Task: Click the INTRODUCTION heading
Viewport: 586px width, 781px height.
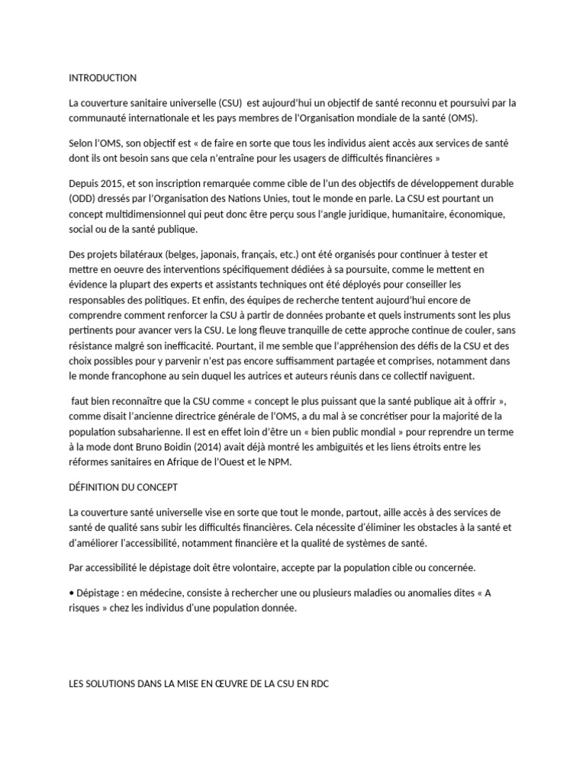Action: tap(102, 78)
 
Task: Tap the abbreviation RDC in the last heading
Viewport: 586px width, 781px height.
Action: tap(319, 683)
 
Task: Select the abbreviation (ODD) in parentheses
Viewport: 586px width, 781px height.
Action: tap(82, 198)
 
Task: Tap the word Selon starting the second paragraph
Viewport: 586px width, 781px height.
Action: tap(82, 144)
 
